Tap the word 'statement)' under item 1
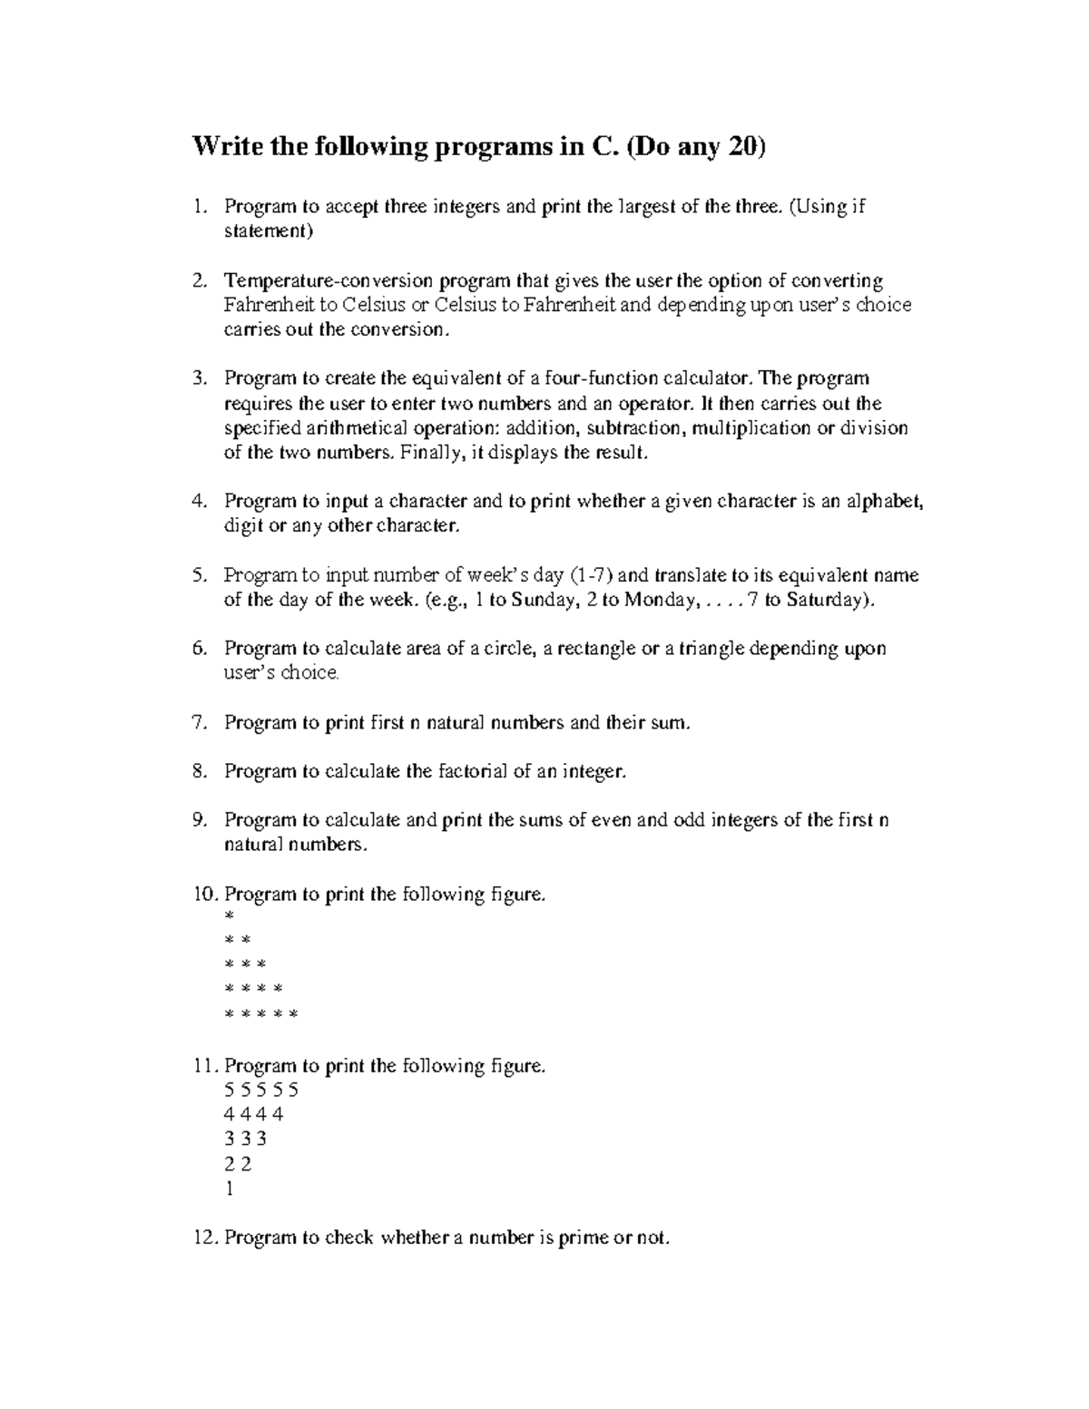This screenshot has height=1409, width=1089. tap(269, 231)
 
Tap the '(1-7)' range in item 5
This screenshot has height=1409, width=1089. tap(592, 575)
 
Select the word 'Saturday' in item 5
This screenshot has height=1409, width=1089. tap(826, 600)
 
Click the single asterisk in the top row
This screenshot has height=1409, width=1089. tap(229, 918)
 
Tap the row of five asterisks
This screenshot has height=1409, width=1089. tap(260, 1014)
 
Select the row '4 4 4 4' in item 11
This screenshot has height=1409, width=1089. tap(253, 1114)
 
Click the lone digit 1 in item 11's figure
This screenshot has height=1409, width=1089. tap(229, 1189)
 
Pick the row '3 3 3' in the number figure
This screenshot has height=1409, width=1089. tap(245, 1140)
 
